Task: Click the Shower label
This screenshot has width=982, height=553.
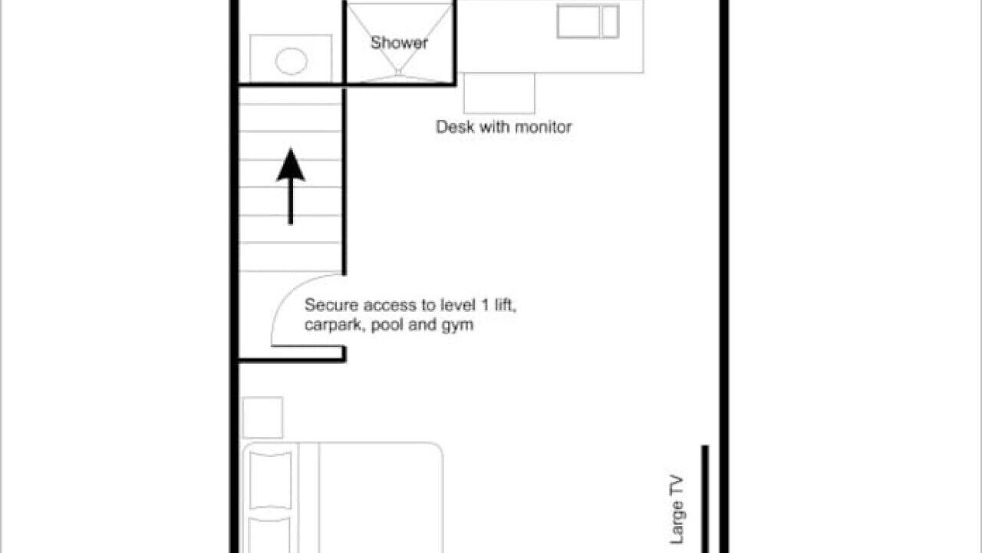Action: click(399, 42)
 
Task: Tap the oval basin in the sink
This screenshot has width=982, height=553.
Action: click(291, 61)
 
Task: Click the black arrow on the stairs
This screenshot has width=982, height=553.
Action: click(291, 187)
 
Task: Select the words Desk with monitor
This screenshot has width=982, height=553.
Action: click(504, 127)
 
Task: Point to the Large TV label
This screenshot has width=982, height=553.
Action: click(677, 510)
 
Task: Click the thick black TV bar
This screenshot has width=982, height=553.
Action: click(705, 499)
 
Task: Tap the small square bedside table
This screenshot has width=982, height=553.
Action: click(262, 417)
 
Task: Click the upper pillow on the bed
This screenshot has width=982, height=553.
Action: click(271, 480)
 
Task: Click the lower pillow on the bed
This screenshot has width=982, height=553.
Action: click(269, 535)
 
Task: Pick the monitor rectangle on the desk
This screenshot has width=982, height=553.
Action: click(578, 22)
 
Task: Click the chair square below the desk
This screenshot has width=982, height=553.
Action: click(499, 93)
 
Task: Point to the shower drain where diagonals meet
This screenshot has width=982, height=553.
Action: click(398, 71)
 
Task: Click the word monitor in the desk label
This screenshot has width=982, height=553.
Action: click(543, 127)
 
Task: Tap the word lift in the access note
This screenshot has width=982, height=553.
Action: click(505, 304)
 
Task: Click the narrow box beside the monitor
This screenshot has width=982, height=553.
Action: click(610, 22)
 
